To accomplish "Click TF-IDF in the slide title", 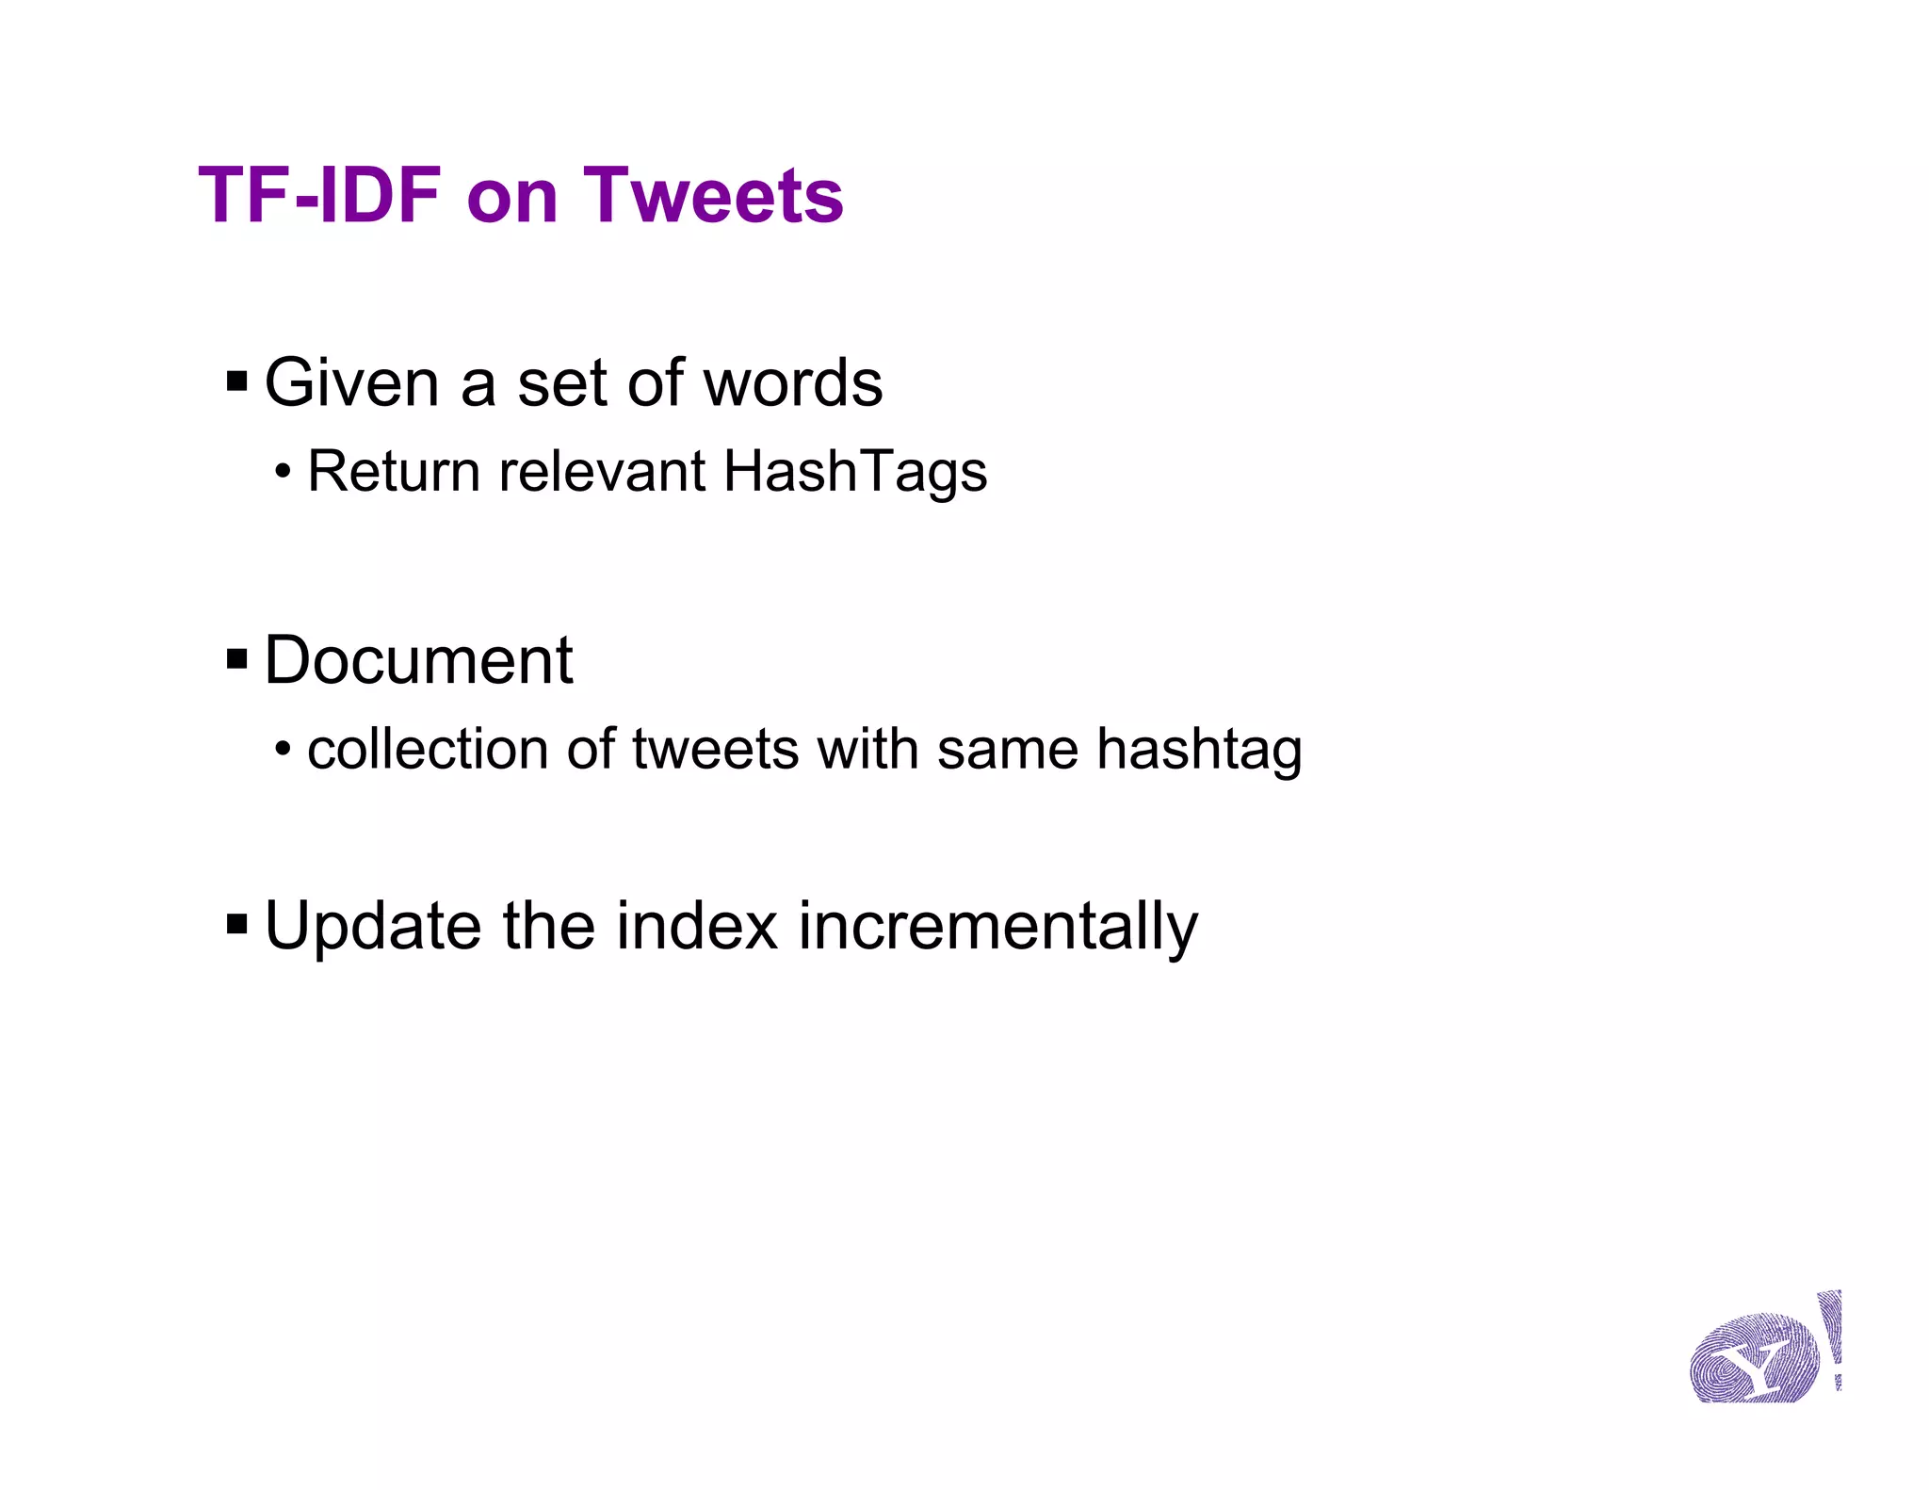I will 319,196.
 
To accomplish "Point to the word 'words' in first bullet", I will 793,383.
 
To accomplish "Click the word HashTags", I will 854,472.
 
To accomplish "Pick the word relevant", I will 602,472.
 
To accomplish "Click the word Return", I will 394,472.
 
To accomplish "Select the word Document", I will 418,660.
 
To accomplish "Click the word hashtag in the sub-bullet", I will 1199,752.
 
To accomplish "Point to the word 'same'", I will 1007,750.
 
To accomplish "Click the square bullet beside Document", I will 236,660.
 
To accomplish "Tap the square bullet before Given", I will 236,382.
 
